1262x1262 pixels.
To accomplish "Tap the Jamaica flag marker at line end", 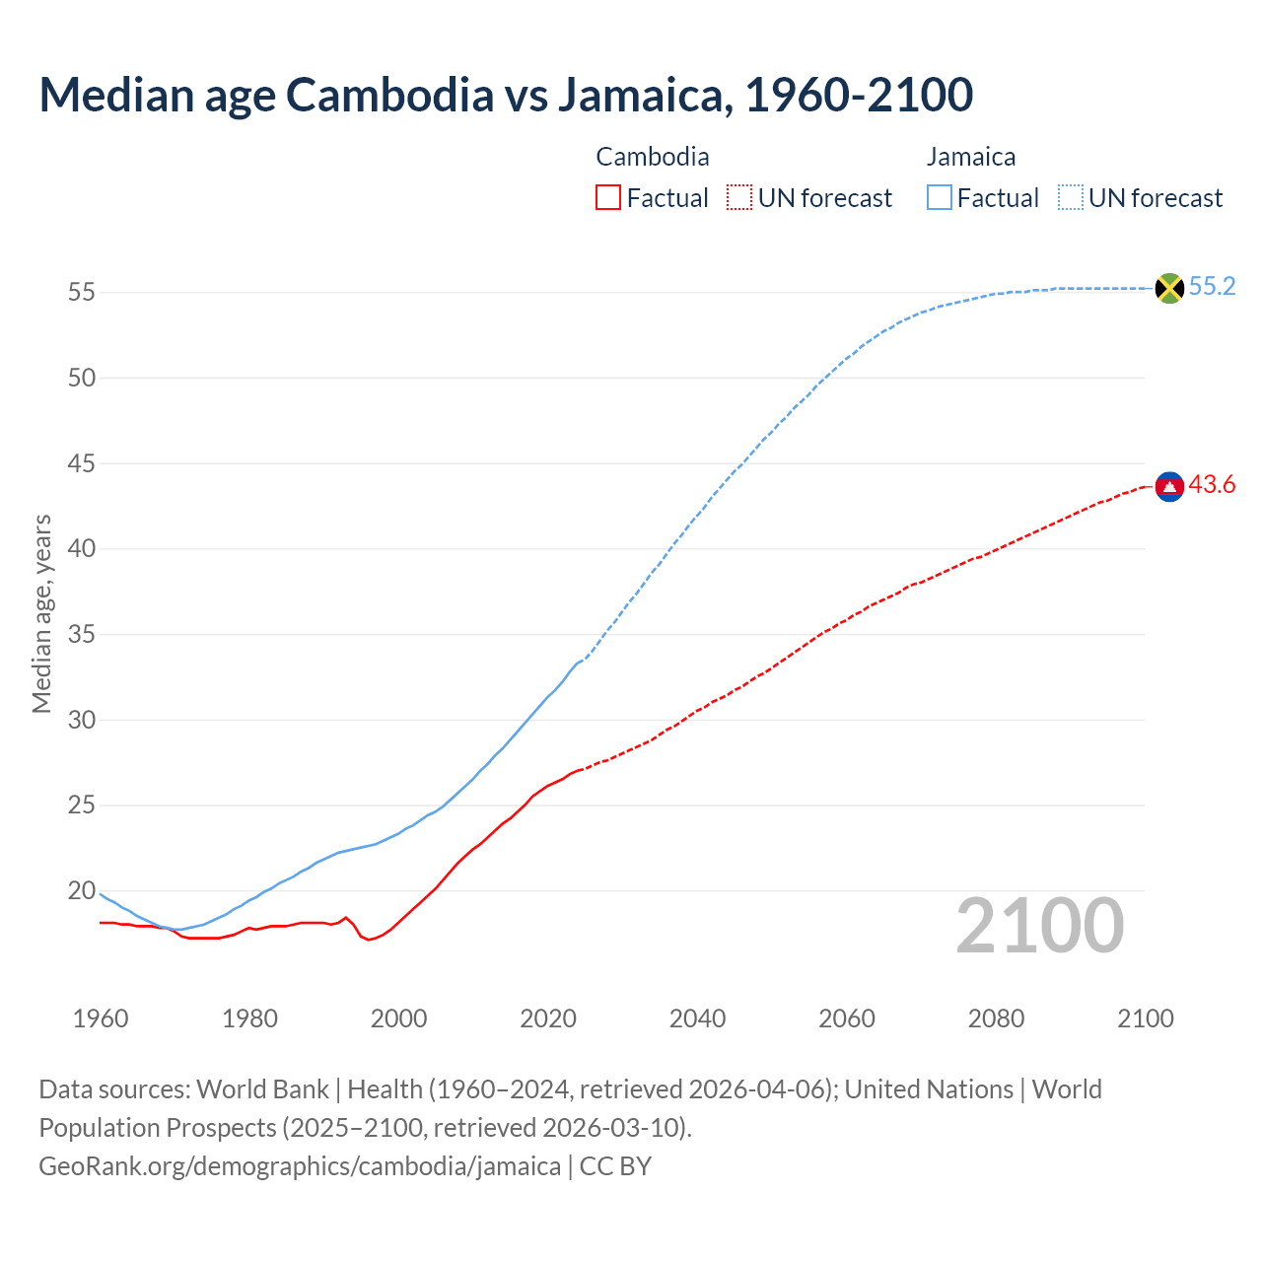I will click(1169, 288).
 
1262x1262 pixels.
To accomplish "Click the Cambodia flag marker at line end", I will click(1169, 486).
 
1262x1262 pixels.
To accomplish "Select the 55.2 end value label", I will click(1212, 287).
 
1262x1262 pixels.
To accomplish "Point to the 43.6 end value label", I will click(1212, 485).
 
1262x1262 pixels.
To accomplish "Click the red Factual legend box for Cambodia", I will click(608, 198).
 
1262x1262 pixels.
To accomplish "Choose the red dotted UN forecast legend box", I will click(739, 198).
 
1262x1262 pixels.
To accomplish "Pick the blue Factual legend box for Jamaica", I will click(940, 198).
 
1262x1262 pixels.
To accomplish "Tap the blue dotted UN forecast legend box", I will click(1071, 198).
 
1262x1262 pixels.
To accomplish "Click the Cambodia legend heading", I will click(653, 157).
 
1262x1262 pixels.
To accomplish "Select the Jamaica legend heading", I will click(971, 157).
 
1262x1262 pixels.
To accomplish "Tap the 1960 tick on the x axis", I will click(101, 1018).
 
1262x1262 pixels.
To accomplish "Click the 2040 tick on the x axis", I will click(697, 1018).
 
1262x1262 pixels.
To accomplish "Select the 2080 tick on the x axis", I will click(996, 1018).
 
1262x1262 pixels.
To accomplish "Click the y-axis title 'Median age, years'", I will click(41, 613).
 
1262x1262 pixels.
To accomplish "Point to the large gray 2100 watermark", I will click(1039, 926).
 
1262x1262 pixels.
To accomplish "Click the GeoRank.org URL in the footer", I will click(300, 1166).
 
